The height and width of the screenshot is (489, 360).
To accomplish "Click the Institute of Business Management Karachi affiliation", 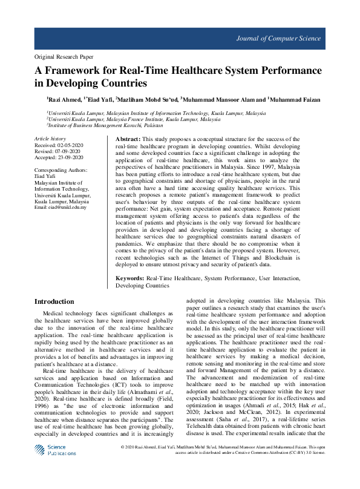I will click(106, 126).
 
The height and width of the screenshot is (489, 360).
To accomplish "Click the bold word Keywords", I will click(129, 278).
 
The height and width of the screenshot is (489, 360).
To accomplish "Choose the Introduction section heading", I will click(54, 301).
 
